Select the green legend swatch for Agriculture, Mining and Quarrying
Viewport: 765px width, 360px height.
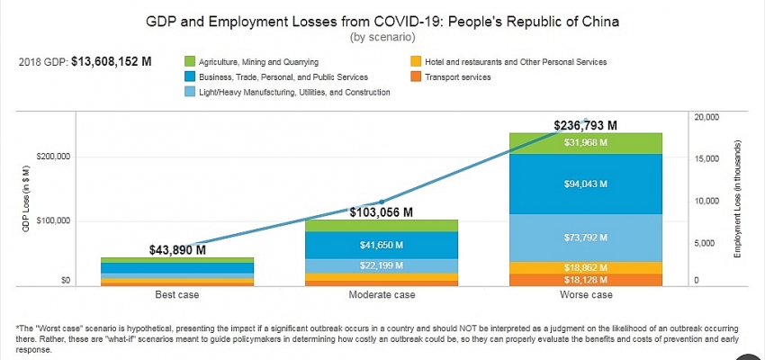tap(189, 62)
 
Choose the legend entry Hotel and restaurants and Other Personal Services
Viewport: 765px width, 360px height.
tap(514, 62)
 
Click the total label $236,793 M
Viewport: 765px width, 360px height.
tap(586, 125)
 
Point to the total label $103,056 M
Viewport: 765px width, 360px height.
tap(382, 212)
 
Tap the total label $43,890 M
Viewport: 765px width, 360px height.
tap(176, 249)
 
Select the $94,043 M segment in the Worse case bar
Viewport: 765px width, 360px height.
tap(586, 184)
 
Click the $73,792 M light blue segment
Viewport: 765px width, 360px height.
tap(586, 238)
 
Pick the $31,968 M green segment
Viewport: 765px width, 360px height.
tap(586, 143)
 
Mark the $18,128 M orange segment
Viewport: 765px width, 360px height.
tap(586, 280)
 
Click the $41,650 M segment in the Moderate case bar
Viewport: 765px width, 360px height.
tap(382, 245)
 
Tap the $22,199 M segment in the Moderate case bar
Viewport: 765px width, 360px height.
tap(382, 265)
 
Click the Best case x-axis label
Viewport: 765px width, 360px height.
tap(176, 295)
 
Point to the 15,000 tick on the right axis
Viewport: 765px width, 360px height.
tap(706, 159)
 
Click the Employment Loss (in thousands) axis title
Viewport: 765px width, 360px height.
tap(738, 200)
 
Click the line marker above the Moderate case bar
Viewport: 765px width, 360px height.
tap(382, 202)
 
